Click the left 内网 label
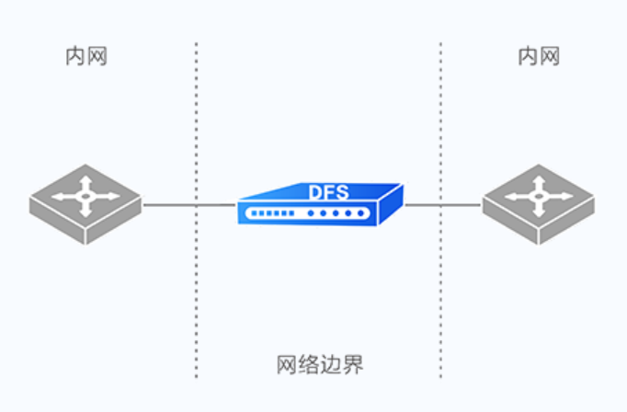pos(85,57)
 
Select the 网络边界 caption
pos(320,364)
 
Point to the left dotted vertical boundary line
pos(196,276)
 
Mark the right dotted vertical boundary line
pos(440,276)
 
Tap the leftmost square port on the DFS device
pos(255,214)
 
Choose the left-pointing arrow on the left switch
pos(63,197)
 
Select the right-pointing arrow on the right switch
pos(563,196)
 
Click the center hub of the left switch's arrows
pos(85,195)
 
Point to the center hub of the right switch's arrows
pos(540,195)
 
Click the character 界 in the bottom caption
pos(353,364)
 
